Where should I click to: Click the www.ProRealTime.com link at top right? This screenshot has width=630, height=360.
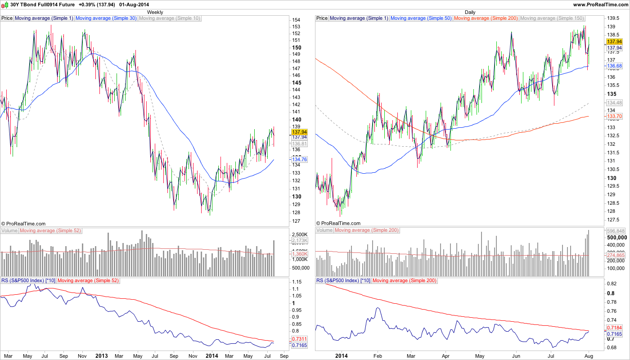pyautogui.click(x=600, y=4)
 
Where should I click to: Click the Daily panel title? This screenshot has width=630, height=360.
pyautogui.click(x=470, y=12)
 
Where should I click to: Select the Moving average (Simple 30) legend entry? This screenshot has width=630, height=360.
pyautogui.click(x=106, y=18)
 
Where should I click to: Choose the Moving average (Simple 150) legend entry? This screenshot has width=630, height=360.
pyautogui.click(x=552, y=18)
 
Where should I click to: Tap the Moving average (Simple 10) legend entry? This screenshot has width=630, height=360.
pyautogui.click(x=170, y=18)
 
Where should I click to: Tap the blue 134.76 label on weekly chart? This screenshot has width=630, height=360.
pyautogui.click(x=299, y=159)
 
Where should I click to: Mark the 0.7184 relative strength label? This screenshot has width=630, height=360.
pyautogui.click(x=614, y=328)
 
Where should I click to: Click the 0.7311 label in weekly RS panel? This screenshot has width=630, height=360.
pyautogui.click(x=299, y=339)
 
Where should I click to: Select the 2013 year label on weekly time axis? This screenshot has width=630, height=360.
pyautogui.click(x=101, y=356)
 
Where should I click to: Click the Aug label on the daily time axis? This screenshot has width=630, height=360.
pyautogui.click(x=588, y=356)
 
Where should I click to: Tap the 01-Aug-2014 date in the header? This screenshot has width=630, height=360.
pyautogui.click(x=134, y=4)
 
